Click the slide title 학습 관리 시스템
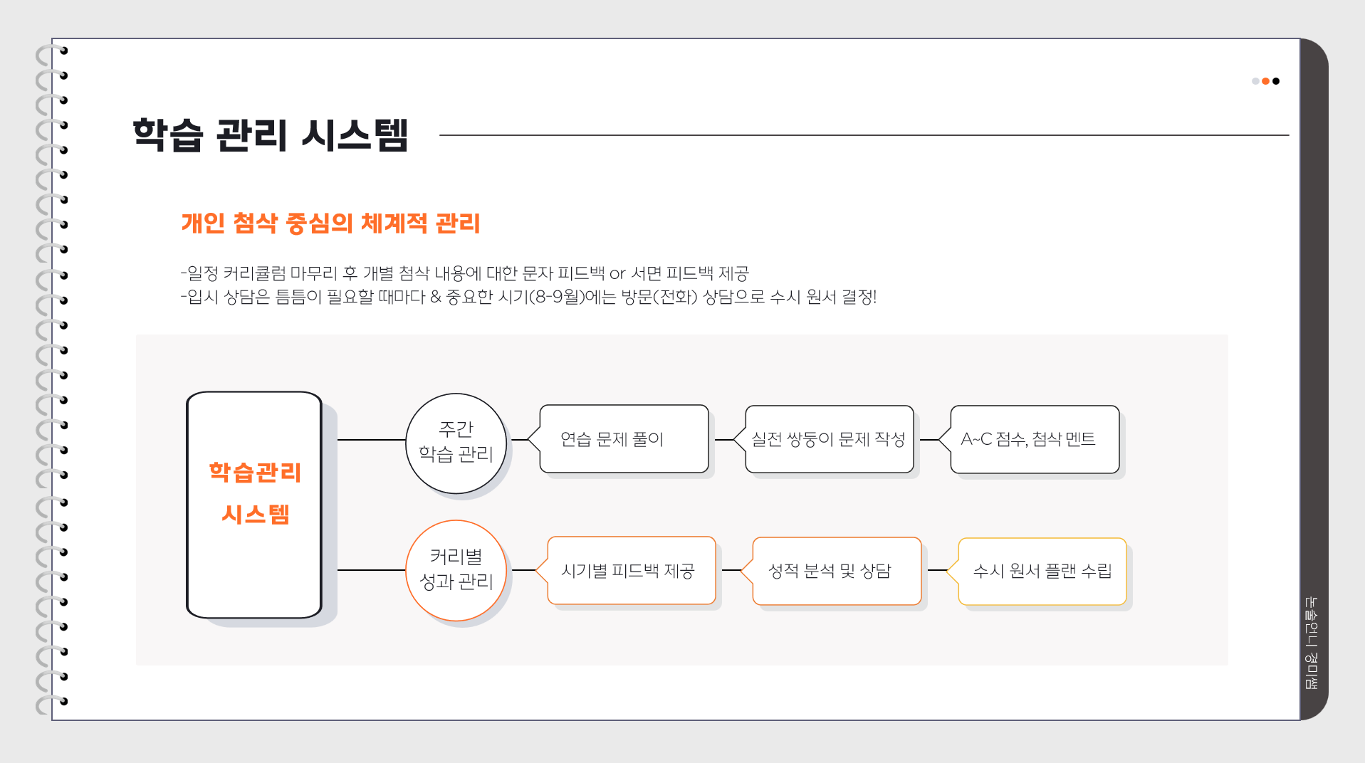pos(270,135)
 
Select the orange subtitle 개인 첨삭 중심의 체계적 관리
pos(330,223)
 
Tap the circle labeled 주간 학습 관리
pos(456,442)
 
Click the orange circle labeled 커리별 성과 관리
pos(456,570)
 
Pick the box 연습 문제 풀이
pos(623,439)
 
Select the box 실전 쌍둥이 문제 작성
pos(829,439)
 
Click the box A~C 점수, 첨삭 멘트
pos(1034,439)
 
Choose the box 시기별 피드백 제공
pos(631,571)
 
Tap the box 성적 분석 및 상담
pos(836,571)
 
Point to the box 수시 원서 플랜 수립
pos(1042,571)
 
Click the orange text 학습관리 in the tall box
pos(255,473)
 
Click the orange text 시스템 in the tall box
pos(255,514)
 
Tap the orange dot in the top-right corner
pos(1265,81)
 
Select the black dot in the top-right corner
pos(1276,81)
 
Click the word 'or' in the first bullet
pos(617,273)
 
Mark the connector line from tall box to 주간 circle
pos(371,440)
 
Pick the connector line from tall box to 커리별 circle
pos(371,570)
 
